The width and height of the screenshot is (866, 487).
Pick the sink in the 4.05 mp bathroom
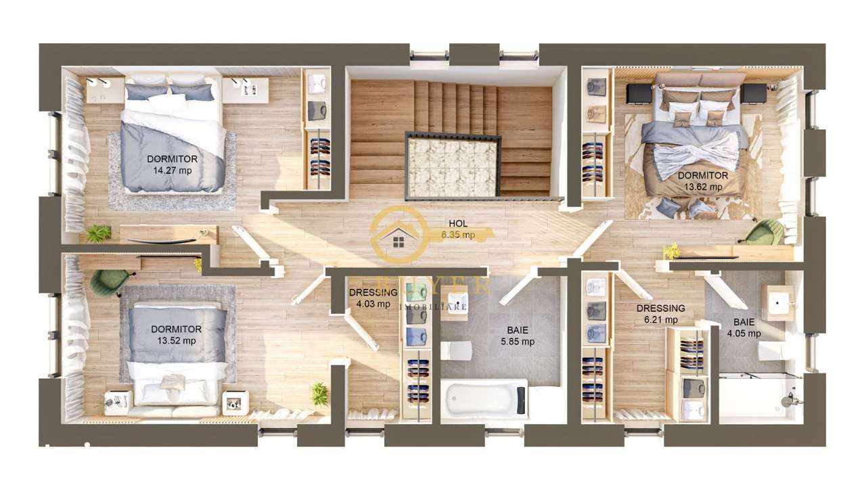click(x=778, y=302)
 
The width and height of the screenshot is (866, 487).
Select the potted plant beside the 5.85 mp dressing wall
click(x=319, y=393)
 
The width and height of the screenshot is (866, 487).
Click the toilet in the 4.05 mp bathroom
click(x=770, y=350)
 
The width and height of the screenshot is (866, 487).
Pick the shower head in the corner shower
click(x=790, y=400)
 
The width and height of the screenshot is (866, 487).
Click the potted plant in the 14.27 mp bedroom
click(x=99, y=233)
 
